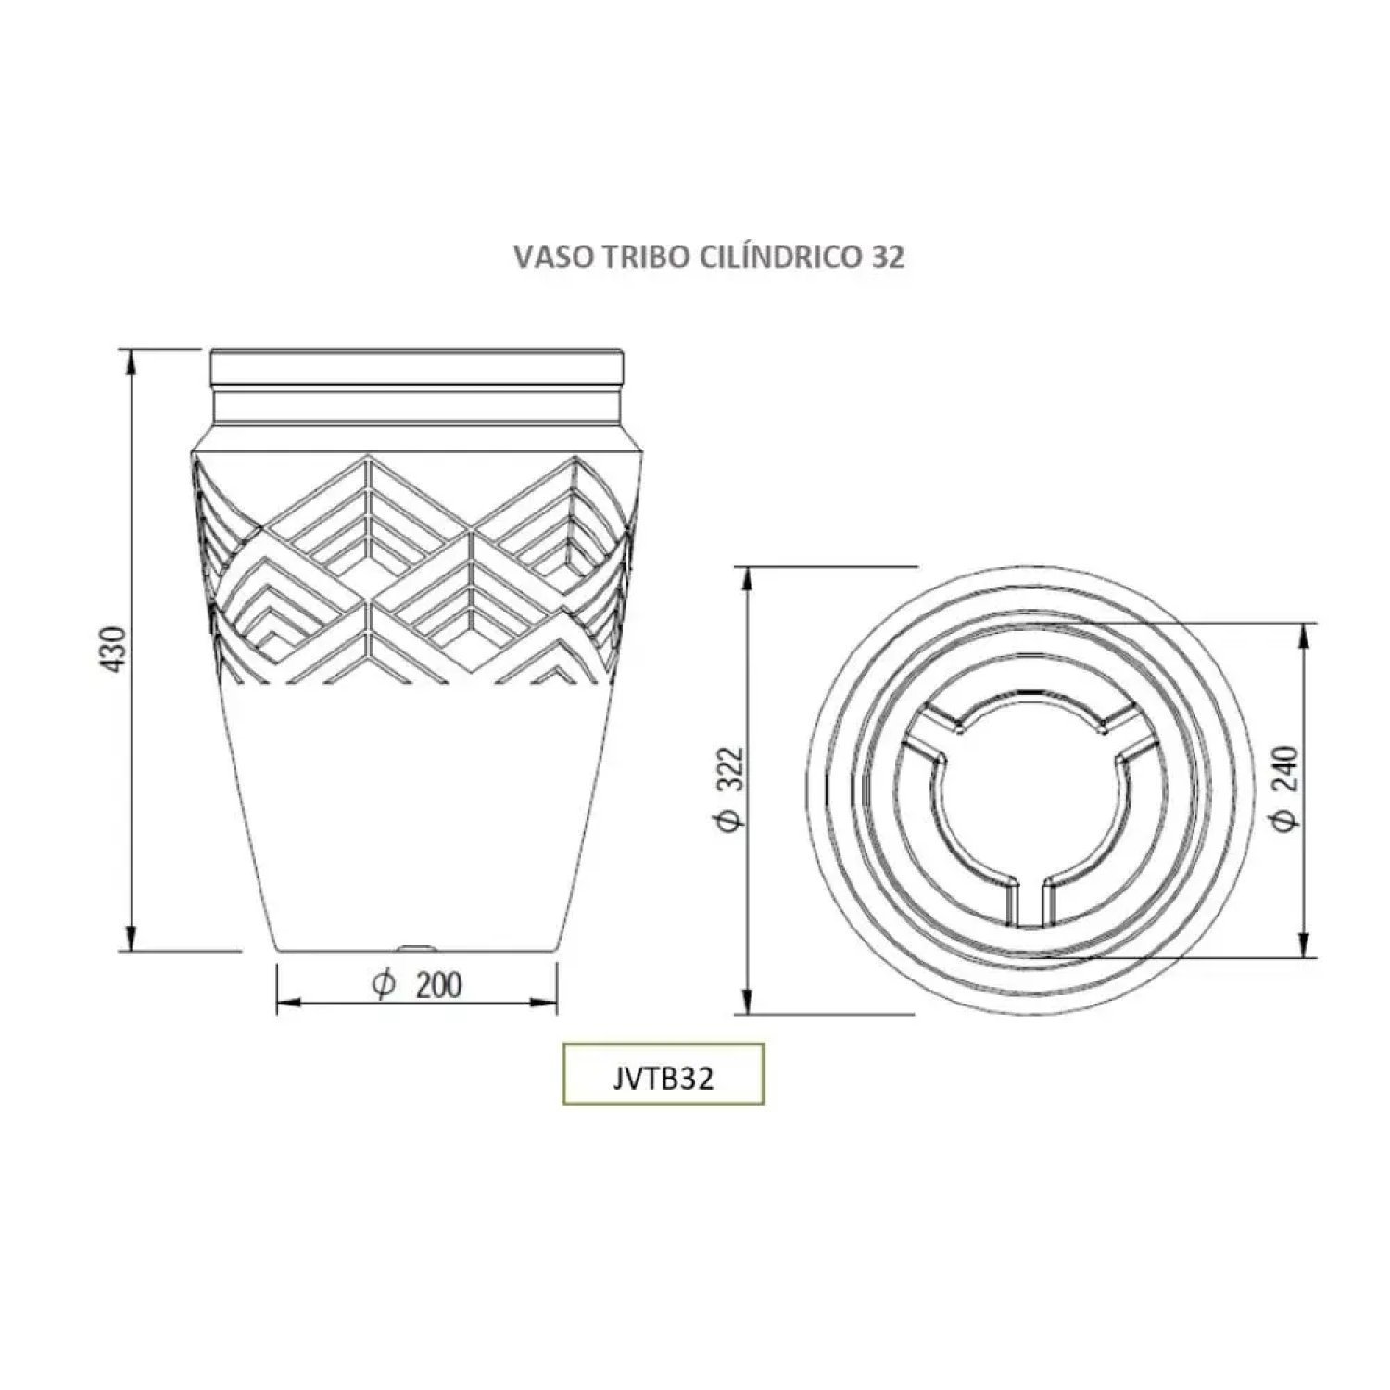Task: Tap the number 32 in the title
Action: point(887,259)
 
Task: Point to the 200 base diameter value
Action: point(438,984)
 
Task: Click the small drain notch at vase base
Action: point(418,947)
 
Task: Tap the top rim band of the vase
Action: point(418,368)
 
